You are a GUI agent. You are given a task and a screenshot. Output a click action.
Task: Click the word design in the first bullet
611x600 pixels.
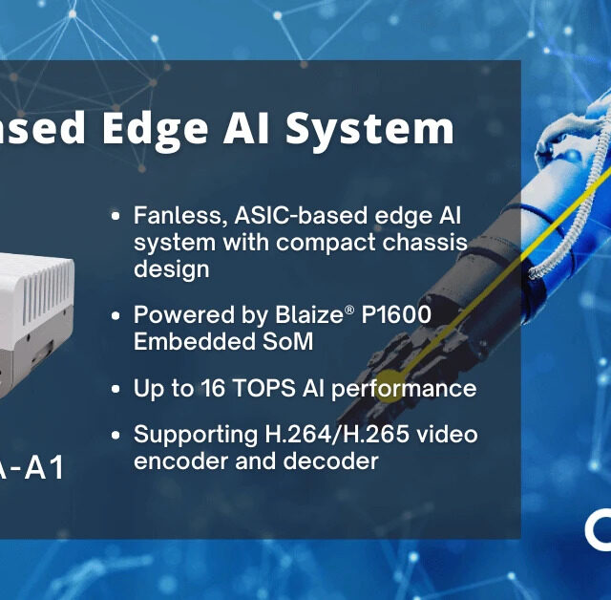(171, 269)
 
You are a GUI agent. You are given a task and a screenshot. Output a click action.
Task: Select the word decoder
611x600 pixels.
(327, 461)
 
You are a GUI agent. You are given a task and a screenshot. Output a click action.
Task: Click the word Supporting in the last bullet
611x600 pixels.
(188, 436)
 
